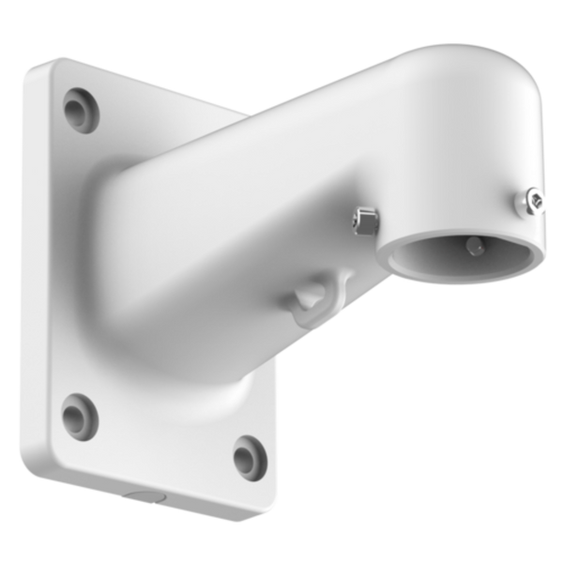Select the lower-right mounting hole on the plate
247,457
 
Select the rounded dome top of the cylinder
469,94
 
